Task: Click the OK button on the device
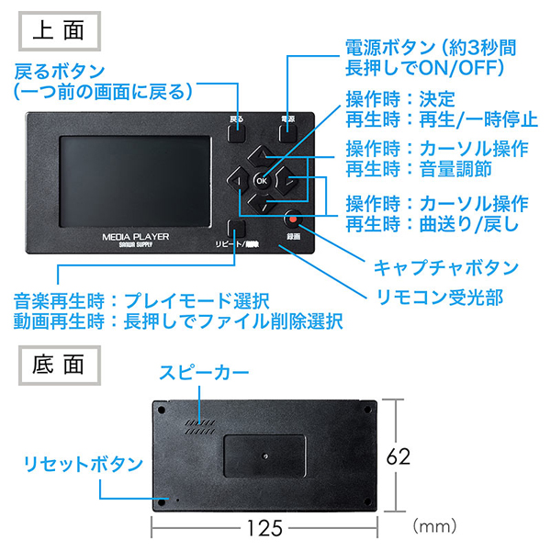click(262, 181)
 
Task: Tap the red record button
click(293, 219)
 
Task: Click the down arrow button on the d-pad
click(262, 203)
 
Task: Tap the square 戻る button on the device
click(236, 133)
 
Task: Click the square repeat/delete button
click(236, 229)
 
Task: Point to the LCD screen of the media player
click(135, 182)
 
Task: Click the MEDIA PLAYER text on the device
click(136, 237)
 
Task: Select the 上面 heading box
click(60, 31)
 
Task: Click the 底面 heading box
click(60, 365)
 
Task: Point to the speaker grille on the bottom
click(200, 427)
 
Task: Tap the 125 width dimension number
click(264, 528)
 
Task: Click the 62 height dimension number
click(399, 456)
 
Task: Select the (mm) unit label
click(434, 526)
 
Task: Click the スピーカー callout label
click(204, 373)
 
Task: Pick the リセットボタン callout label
click(84, 464)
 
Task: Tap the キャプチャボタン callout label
click(446, 268)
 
